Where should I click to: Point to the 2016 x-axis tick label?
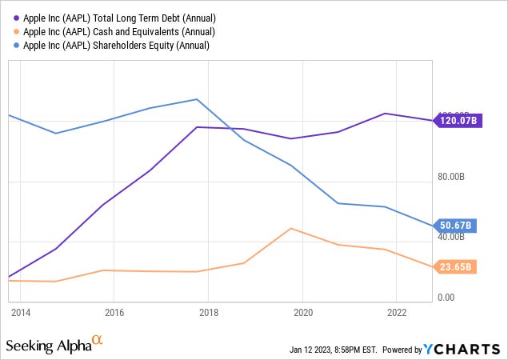(114, 312)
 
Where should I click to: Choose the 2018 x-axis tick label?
(209, 312)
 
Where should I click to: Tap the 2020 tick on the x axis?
(303, 312)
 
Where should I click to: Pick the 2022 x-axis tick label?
(398, 312)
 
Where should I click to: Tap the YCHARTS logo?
(462, 349)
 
